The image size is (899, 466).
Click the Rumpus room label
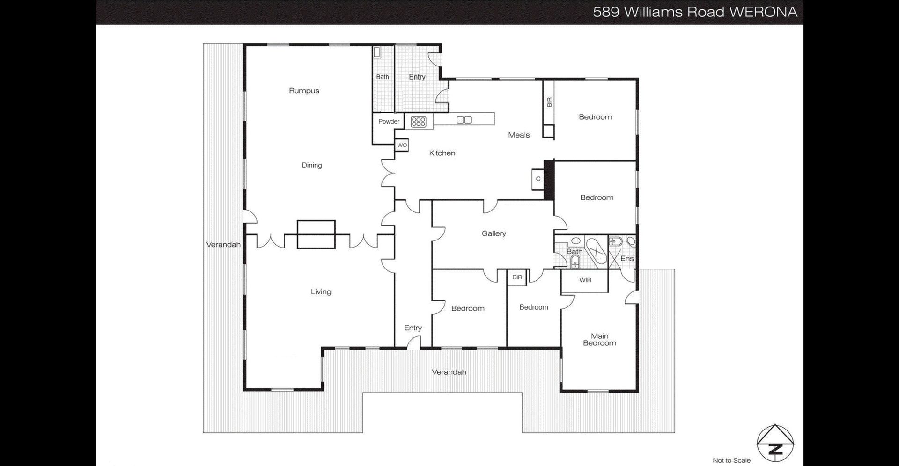tap(304, 91)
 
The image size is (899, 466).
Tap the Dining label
tap(312, 165)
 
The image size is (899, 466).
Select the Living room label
tap(321, 292)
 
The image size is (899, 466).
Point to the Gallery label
tap(494, 233)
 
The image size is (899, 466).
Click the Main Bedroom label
tap(600, 340)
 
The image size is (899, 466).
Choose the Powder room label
tap(389, 122)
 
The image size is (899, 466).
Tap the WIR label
tap(585, 280)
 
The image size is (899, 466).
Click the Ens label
tap(627, 258)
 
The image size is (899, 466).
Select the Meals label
tap(519, 135)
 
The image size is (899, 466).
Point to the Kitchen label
tap(442, 153)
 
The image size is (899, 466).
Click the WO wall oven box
tap(402, 146)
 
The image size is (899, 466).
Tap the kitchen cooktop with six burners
tap(418, 122)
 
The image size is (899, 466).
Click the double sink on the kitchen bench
tap(464, 120)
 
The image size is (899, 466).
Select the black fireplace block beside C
tap(549, 180)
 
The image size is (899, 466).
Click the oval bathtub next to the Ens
tap(596, 253)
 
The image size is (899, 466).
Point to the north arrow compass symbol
tap(776, 442)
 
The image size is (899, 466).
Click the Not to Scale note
tap(731, 460)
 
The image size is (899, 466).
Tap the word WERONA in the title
tap(763, 12)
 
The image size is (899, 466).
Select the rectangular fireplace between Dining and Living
tap(316, 234)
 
